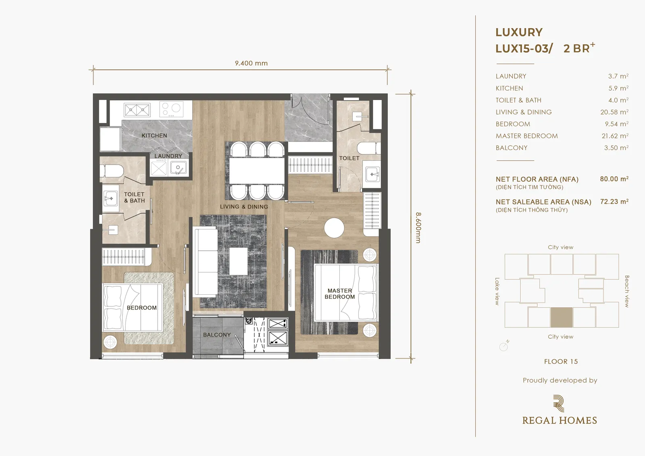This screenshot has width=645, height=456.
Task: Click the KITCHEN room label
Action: pyautogui.click(x=154, y=135)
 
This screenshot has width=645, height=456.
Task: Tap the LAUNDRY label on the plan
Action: pyautogui.click(x=168, y=156)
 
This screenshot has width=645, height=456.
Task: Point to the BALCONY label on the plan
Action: pyautogui.click(x=217, y=335)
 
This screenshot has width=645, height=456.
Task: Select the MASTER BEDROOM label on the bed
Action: pyautogui.click(x=340, y=294)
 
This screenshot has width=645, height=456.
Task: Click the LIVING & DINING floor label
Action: pyautogui.click(x=244, y=206)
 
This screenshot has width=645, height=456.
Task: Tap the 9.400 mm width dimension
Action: pyautogui.click(x=252, y=63)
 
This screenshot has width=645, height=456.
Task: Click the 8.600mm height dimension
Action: pyautogui.click(x=418, y=227)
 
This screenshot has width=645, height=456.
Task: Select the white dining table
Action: pyautogui.click(x=257, y=171)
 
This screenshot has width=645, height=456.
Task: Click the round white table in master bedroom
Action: pyautogui.click(x=334, y=228)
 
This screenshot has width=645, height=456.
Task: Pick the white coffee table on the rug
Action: pyautogui.click(x=238, y=261)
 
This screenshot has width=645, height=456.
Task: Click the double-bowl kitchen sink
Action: pyautogui.click(x=137, y=110)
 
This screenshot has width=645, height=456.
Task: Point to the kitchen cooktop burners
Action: pyautogui.click(x=172, y=109)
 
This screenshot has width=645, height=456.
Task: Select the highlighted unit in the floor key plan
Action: pyautogui.click(x=562, y=317)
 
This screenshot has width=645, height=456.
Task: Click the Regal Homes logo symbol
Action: pyautogui.click(x=559, y=404)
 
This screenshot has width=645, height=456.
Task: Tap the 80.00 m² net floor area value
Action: pyautogui.click(x=614, y=179)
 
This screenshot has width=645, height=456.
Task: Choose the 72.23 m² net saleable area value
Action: pyautogui.click(x=614, y=202)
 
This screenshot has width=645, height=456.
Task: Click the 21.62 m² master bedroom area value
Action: pyautogui.click(x=615, y=136)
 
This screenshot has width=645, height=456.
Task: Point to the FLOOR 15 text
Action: pyautogui.click(x=561, y=362)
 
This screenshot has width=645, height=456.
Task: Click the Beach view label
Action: pyautogui.click(x=626, y=291)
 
